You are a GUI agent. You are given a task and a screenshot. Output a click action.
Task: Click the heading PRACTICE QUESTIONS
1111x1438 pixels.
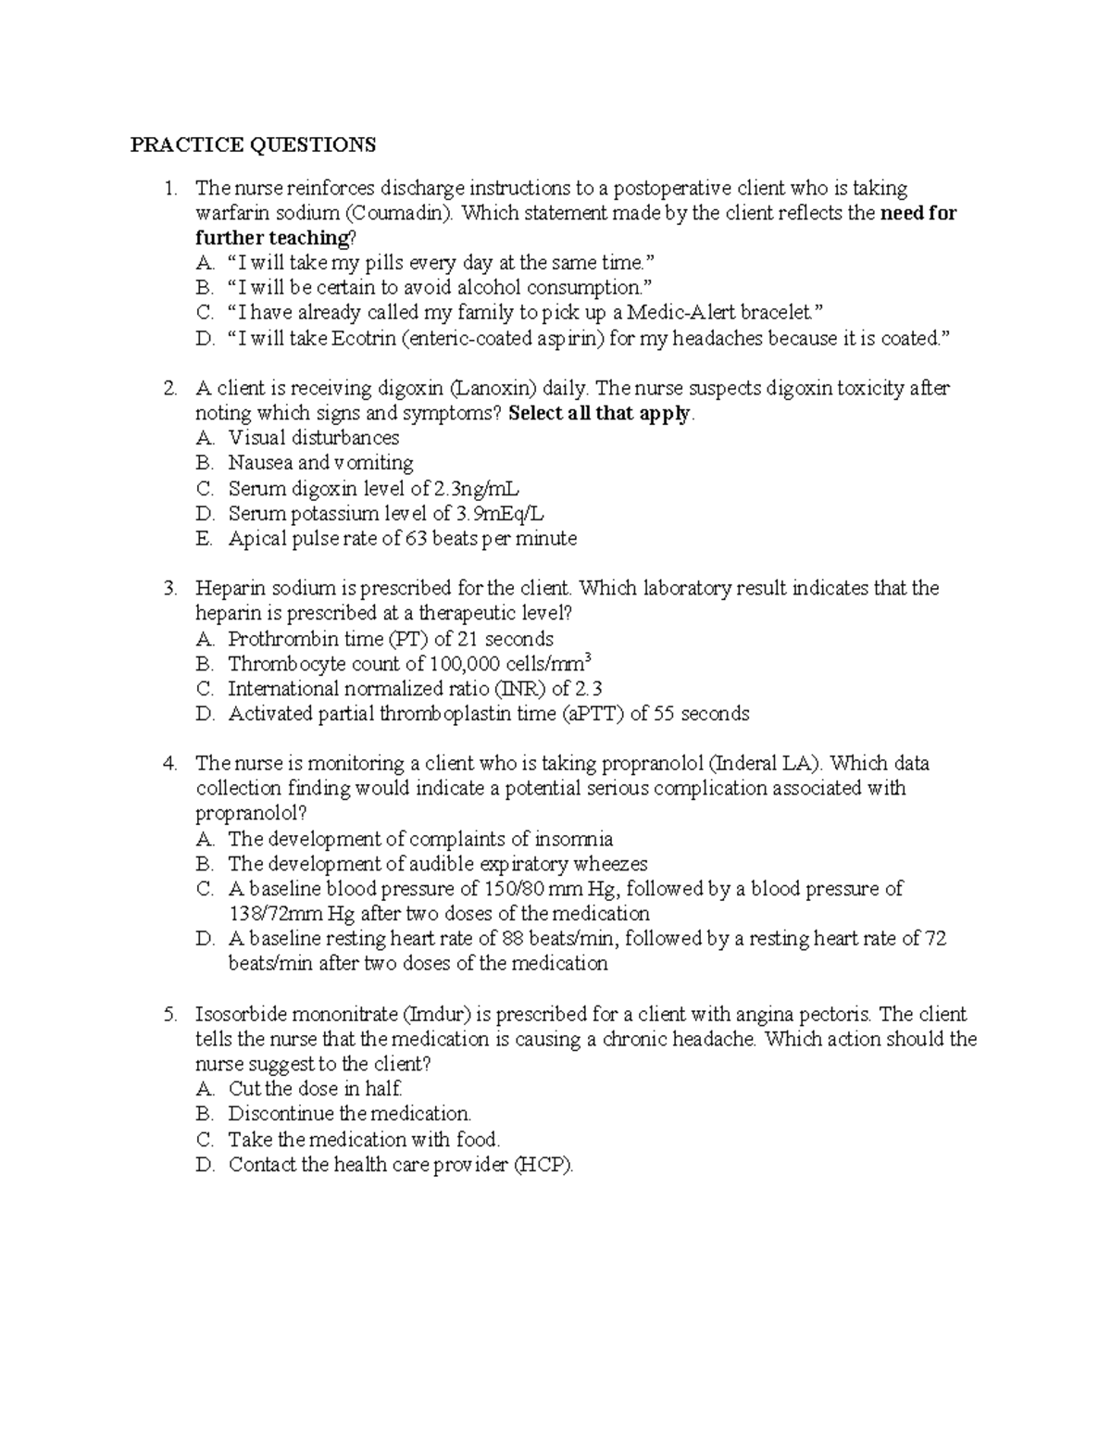click(253, 144)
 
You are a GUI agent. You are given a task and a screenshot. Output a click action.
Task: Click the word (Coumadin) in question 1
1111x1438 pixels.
click(406, 214)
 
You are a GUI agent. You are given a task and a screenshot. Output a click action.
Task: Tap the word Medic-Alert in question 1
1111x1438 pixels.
click(679, 314)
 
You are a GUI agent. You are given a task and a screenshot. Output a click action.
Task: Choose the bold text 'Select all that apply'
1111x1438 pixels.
click(600, 414)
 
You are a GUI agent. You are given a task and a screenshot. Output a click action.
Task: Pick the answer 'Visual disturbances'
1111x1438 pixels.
click(314, 438)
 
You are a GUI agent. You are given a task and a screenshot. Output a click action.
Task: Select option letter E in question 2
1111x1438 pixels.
click(204, 539)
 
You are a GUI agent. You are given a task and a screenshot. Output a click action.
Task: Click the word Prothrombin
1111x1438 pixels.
click(283, 639)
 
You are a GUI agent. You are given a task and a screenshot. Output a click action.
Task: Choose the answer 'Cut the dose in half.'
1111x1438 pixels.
click(315, 1090)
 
